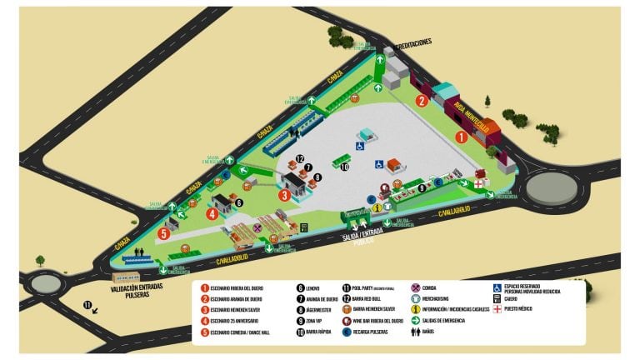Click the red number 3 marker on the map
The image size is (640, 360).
tap(284, 196)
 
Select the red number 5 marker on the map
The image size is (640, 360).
tap(164, 234)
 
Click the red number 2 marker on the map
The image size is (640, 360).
tap(422, 102)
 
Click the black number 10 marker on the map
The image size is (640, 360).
tap(344, 167)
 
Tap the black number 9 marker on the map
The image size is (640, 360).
tap(422, 187)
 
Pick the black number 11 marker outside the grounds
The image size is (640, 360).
tap(87, 304)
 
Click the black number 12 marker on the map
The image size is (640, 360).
tap(299, 158)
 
